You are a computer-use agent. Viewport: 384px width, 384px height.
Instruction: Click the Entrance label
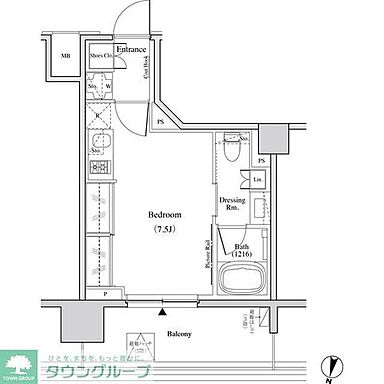click(132, 49)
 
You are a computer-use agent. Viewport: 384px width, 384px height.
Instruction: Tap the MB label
click(65, 57)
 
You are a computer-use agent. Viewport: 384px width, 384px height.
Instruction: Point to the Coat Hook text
click(145, 67)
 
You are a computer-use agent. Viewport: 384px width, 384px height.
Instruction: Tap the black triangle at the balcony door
click(162, 312)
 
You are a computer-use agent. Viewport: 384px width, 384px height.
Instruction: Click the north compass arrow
click(330, 368)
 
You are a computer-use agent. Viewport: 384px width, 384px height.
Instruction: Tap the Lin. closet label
click(257, 179)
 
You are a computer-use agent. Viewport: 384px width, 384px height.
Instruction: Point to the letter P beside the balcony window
click(104, 295)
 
